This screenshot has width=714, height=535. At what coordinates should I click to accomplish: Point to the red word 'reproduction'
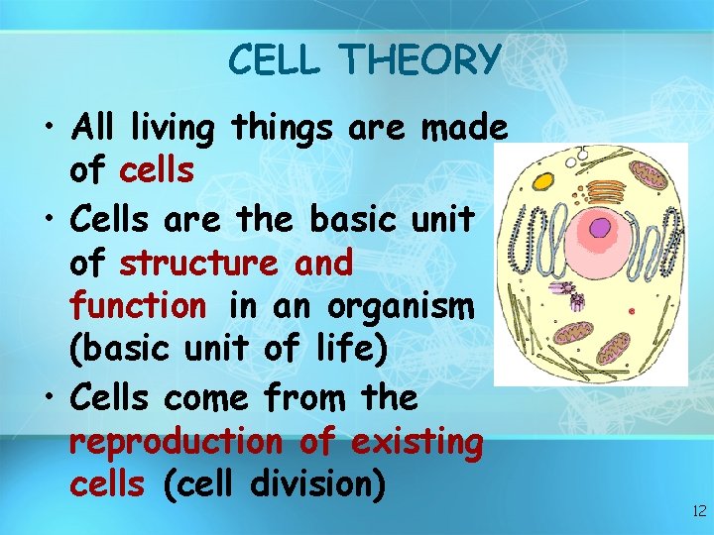pyautogui.click(x=176, y=442)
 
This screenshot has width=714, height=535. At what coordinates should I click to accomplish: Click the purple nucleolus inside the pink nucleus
pyautogui.click(x=599, y=228)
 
